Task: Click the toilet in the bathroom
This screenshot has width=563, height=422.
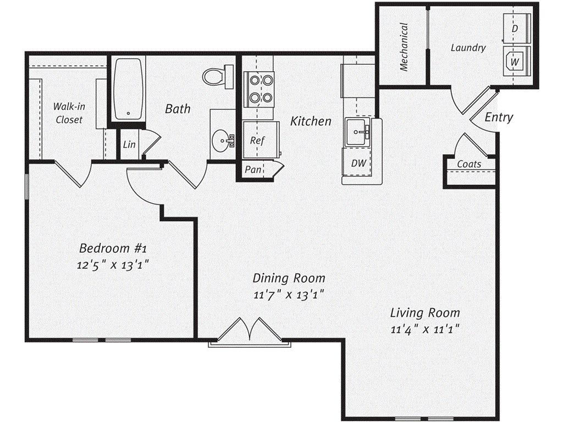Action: (x=218, y=76)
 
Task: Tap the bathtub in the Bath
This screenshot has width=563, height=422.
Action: (x=128, y=88)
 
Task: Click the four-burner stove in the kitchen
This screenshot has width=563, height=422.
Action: (x=259, y=88)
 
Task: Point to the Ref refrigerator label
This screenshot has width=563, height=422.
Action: (x=257, y=140)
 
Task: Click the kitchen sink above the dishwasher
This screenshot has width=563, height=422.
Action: (x=357, y=132)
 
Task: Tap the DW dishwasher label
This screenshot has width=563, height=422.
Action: (x=358, y=163)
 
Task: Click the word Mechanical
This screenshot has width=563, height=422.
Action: (x=404, y=47)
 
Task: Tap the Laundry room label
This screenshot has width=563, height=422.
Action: (x=468, y=48)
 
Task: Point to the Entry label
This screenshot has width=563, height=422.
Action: (x=499, y=117)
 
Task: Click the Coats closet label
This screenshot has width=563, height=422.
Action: (x=469, y=164)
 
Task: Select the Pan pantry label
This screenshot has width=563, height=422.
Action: (x=253, y=169)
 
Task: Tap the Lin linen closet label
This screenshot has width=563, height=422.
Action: (x=129, y=145)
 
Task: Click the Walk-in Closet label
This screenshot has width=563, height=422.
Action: (x=68, y=113)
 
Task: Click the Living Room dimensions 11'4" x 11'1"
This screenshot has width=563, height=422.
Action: (x=425, y=329)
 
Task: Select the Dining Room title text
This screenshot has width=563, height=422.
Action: (x=289, y=278)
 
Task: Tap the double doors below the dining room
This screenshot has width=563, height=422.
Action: (x=250, y=329)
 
